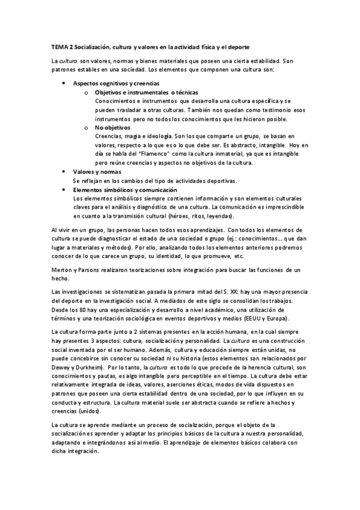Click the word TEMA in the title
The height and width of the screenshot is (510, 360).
point(59,46)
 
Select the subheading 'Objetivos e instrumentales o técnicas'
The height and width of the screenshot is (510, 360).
point(142,93)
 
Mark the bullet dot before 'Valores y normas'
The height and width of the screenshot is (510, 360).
point(64,172)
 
